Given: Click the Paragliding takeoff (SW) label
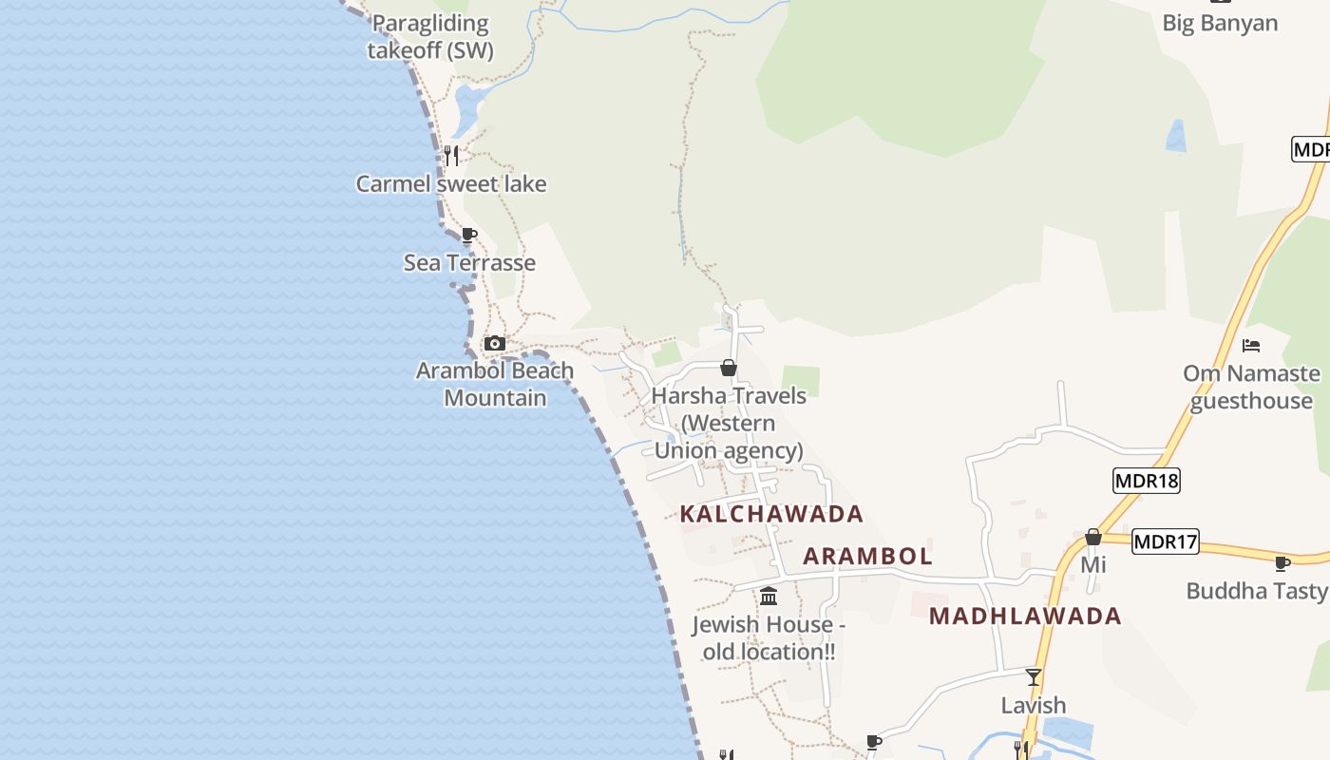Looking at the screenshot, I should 430,37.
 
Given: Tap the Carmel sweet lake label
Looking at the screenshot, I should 451,183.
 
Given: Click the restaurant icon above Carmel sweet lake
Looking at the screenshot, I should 451,156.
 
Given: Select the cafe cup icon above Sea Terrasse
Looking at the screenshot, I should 468,235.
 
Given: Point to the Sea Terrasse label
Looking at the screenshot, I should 469,262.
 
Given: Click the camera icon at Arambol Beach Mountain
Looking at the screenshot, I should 494,343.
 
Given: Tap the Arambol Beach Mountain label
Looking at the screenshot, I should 495,384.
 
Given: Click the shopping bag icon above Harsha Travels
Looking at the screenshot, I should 729,368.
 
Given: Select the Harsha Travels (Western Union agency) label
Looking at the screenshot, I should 729,423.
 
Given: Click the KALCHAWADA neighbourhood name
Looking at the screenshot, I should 771,514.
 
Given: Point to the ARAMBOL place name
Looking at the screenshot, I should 867,556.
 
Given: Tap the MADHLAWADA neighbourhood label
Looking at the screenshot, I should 1025,616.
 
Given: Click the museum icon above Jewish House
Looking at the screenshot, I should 769,597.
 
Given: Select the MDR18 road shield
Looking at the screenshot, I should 1146,481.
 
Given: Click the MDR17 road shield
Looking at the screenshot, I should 1166,542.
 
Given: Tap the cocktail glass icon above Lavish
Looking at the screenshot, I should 1034,677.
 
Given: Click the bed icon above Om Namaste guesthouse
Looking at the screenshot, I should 1251,346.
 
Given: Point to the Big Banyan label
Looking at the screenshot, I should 1220,23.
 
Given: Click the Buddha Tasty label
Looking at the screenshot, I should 1256,591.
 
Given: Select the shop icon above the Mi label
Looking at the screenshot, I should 1093,538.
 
